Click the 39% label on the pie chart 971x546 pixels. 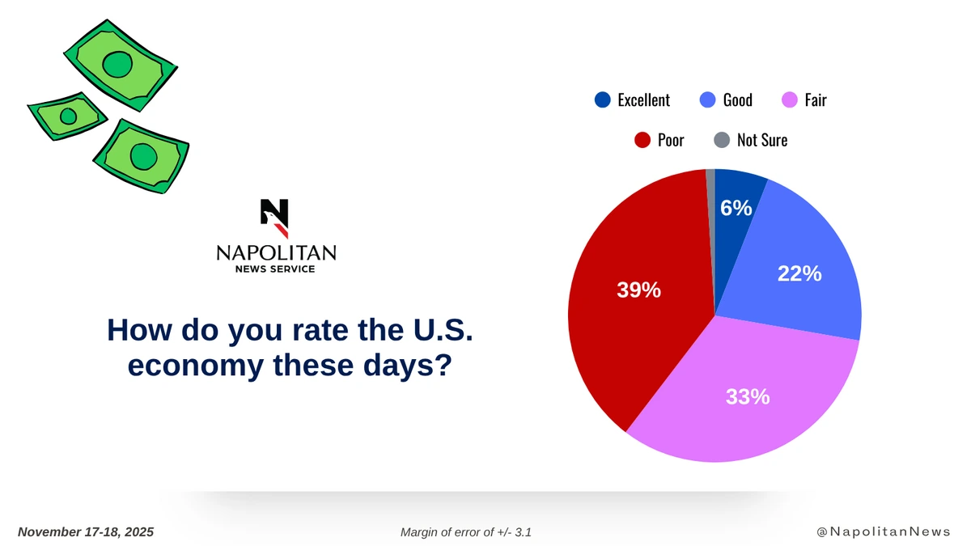click(639, 290)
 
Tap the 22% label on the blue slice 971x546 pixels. click(799, 274)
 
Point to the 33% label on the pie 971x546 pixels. click(747, 397)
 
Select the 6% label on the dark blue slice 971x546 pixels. click(736, 208)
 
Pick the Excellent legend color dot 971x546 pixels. click(602, 100)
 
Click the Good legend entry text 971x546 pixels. click(737, 100)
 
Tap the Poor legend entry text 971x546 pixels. click(671, 140)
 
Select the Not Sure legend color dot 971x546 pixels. click(723, 140)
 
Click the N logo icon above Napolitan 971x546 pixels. click(274, 218)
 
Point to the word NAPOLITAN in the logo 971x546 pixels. click(276, 254)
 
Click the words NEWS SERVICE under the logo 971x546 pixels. click(276, 269)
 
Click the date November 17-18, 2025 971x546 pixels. click(85, 532)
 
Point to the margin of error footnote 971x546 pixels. click(465, 532)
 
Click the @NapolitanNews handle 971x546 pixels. click(884, 532)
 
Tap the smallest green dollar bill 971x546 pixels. click(67, 116)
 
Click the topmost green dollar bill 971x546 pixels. click(121, 64)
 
